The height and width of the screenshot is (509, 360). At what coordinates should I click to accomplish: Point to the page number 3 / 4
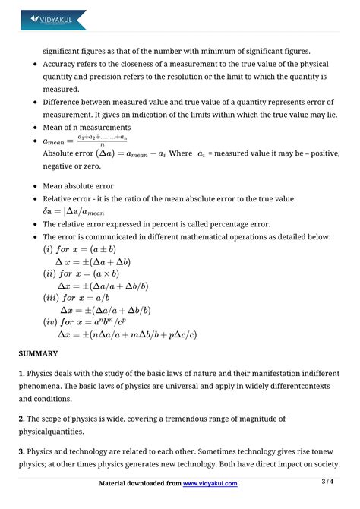[327, 482]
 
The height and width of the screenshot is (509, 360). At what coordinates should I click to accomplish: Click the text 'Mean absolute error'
[78, 185]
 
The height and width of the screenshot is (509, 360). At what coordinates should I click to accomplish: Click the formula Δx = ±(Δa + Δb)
[106, 261]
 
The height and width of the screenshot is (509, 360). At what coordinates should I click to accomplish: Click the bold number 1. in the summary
[22, 373]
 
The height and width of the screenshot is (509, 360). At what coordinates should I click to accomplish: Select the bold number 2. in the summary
[22, 419]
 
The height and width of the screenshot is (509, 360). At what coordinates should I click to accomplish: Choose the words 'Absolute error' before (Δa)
[72, 153]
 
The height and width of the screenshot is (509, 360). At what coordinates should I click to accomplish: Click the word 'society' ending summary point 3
[323, 464]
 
